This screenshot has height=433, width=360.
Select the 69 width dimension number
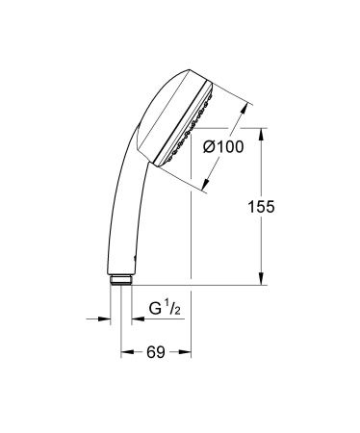[154, 353]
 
